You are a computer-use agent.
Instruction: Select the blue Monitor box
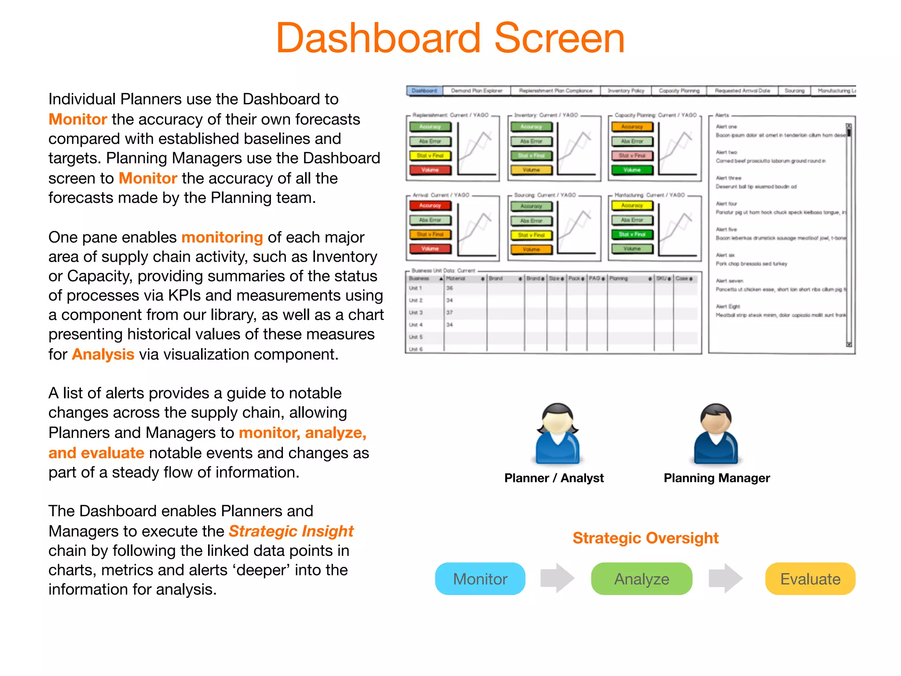(480, 579)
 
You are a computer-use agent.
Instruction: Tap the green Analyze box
(641, 579)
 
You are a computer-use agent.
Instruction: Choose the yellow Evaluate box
(810, 579)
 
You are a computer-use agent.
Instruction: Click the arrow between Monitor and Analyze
(557, 578)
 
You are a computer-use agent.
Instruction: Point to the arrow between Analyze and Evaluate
(725, 578)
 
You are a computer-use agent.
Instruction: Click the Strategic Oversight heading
(645, 538)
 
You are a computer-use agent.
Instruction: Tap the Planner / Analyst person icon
(557, 434)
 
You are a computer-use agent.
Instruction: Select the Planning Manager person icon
(716, 434)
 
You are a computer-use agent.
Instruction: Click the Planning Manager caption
(717, 478)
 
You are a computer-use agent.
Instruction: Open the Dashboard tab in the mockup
(424, 91)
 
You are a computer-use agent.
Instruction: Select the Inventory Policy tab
(626, 91)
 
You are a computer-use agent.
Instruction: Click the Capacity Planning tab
(679, 91)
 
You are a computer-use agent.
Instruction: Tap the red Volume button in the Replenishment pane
(430, 170)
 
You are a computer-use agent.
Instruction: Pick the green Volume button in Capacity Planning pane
(632, 170)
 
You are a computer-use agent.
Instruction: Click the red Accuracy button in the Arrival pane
(430, 206)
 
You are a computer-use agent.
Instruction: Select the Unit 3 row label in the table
(415, 312)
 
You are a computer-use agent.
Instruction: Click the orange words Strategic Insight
(291, 531)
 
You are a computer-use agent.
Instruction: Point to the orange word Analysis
(103, 354)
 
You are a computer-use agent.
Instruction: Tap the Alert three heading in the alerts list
(729, 178)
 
